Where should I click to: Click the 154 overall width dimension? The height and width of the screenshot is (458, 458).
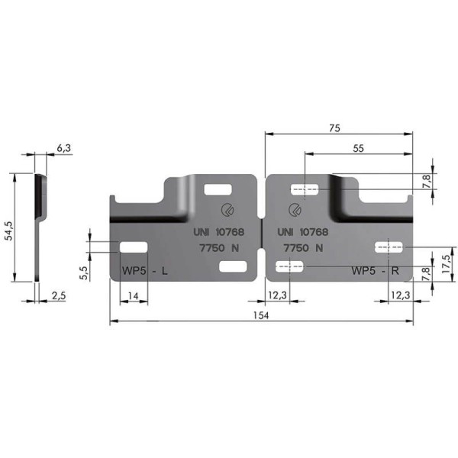[261, 315]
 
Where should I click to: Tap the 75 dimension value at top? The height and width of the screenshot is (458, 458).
[334, 128]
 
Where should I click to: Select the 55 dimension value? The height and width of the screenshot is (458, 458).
[359, 148]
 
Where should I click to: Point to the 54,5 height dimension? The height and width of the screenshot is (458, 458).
[9, 231]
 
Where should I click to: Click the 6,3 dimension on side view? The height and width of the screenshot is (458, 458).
[63, 148]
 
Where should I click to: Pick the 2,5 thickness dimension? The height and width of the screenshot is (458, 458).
[59, 296]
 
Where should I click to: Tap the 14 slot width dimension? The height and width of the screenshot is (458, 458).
[133, 296]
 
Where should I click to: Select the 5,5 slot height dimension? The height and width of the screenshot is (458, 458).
[83, 273]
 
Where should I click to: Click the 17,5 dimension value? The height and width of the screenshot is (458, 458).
[446, 264]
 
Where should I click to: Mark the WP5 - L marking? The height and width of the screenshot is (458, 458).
[144, 271]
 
